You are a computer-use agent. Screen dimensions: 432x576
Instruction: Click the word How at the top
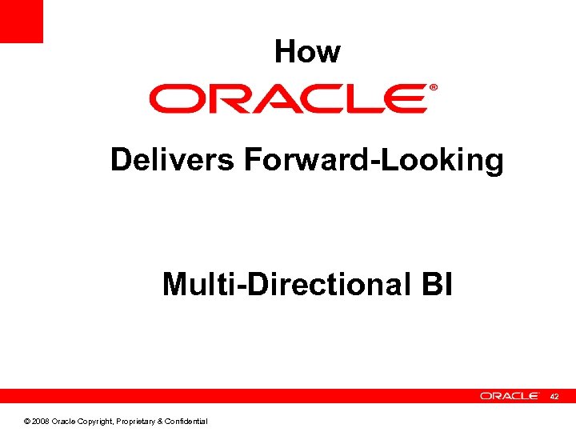(x=307, y=52)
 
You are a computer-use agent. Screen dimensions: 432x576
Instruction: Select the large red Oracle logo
(x=288, y=99)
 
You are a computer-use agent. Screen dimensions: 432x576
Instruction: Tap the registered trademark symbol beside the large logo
(x=434, y=87)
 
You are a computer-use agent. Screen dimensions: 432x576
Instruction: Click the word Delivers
(x=172, y=160)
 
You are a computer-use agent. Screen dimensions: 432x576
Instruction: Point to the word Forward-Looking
(x=374, y=161)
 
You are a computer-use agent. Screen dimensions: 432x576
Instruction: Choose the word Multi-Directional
(x=286, y=284)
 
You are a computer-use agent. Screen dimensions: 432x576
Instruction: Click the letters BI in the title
(x=435, y=284)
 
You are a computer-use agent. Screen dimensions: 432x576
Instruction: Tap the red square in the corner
(x=21, y=21)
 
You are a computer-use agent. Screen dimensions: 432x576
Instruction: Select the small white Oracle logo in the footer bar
(x=510, y=396)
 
